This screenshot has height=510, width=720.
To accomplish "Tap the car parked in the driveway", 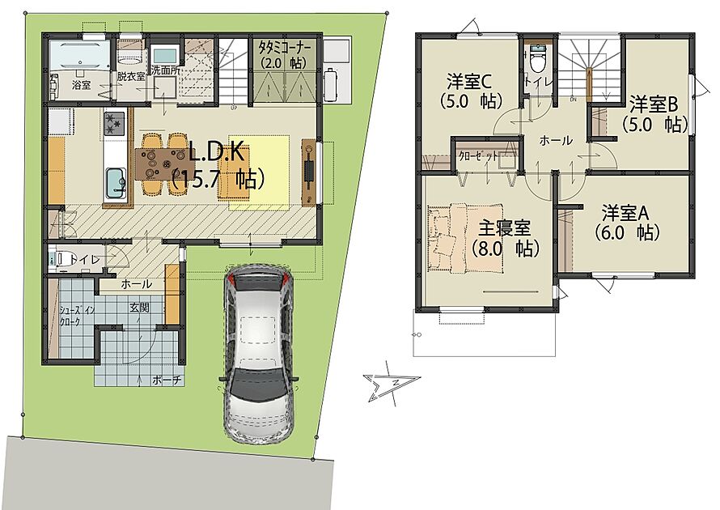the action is point(259,354).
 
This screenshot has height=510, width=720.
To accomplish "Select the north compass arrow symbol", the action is point(392,384).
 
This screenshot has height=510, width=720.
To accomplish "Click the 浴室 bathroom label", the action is point(81,85).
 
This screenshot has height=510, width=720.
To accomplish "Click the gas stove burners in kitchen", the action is point(114,124).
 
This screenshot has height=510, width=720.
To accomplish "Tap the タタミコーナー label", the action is point(285,47).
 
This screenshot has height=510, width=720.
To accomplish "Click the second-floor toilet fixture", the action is point(537,57).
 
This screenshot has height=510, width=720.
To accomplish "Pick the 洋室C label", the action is point(469,83).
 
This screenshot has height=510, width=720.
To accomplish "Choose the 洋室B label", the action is point(653,104).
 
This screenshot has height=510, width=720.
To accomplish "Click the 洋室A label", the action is point(625,213).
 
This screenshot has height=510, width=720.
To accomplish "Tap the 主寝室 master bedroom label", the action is point(505,228).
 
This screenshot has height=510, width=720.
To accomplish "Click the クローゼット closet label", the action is point(478,156).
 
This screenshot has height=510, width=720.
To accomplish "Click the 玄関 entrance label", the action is point(140,308).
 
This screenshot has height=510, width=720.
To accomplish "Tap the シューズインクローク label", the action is point(77,316).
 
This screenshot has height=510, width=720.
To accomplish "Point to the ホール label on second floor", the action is point(556,140).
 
